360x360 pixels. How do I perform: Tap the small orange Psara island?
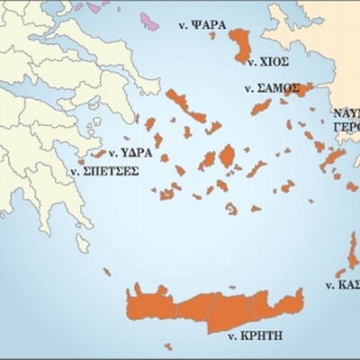(212, 35)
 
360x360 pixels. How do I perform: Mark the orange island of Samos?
(296, 89)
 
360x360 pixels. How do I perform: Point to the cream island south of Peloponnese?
(82, 243)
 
